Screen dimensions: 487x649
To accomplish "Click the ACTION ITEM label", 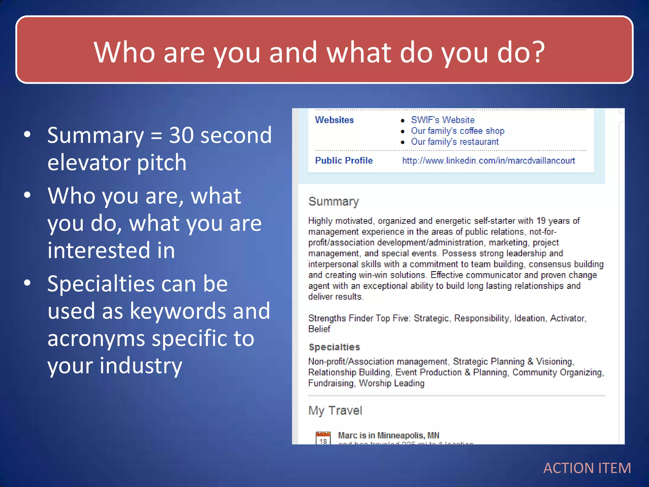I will (x=587, y=468).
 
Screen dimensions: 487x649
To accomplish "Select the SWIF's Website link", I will (x=442, y=120).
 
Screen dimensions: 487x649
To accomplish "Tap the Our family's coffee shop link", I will (x=457, y=131).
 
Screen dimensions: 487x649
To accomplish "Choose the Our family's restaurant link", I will (x=454, y=141).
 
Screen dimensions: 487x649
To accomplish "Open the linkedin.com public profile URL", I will (x=488, y=160).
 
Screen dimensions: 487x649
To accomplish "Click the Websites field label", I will (x=334, y=120).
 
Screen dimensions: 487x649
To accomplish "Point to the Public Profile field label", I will (x=344, y=160).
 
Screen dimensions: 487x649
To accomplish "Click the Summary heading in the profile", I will (x=333, y=201).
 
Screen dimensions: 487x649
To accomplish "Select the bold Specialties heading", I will (x=334, y=347).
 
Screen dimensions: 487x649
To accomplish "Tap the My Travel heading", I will (x=335, y=411).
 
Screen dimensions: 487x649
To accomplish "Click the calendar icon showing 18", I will (x=323, y=438).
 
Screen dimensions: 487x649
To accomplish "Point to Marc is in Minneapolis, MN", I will (x=388, y=435).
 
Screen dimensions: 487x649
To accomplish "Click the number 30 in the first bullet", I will (x=181, y=135).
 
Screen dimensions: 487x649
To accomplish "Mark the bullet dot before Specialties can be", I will (x=28, y=282).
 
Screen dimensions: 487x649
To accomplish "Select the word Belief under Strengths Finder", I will (x=319, y=329).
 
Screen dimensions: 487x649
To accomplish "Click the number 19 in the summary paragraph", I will (x=541, y=221).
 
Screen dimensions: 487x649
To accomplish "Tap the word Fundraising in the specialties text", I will (x=331, y=383).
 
